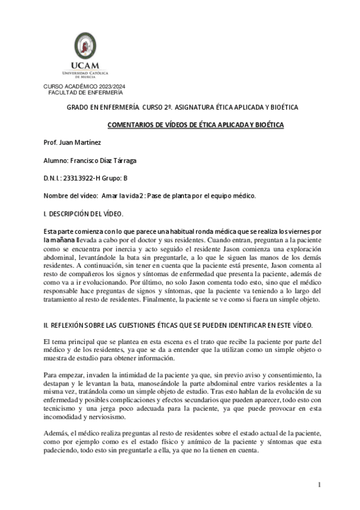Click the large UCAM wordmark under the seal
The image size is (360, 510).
point(84,66)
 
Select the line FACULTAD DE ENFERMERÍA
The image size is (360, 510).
point(84,93)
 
